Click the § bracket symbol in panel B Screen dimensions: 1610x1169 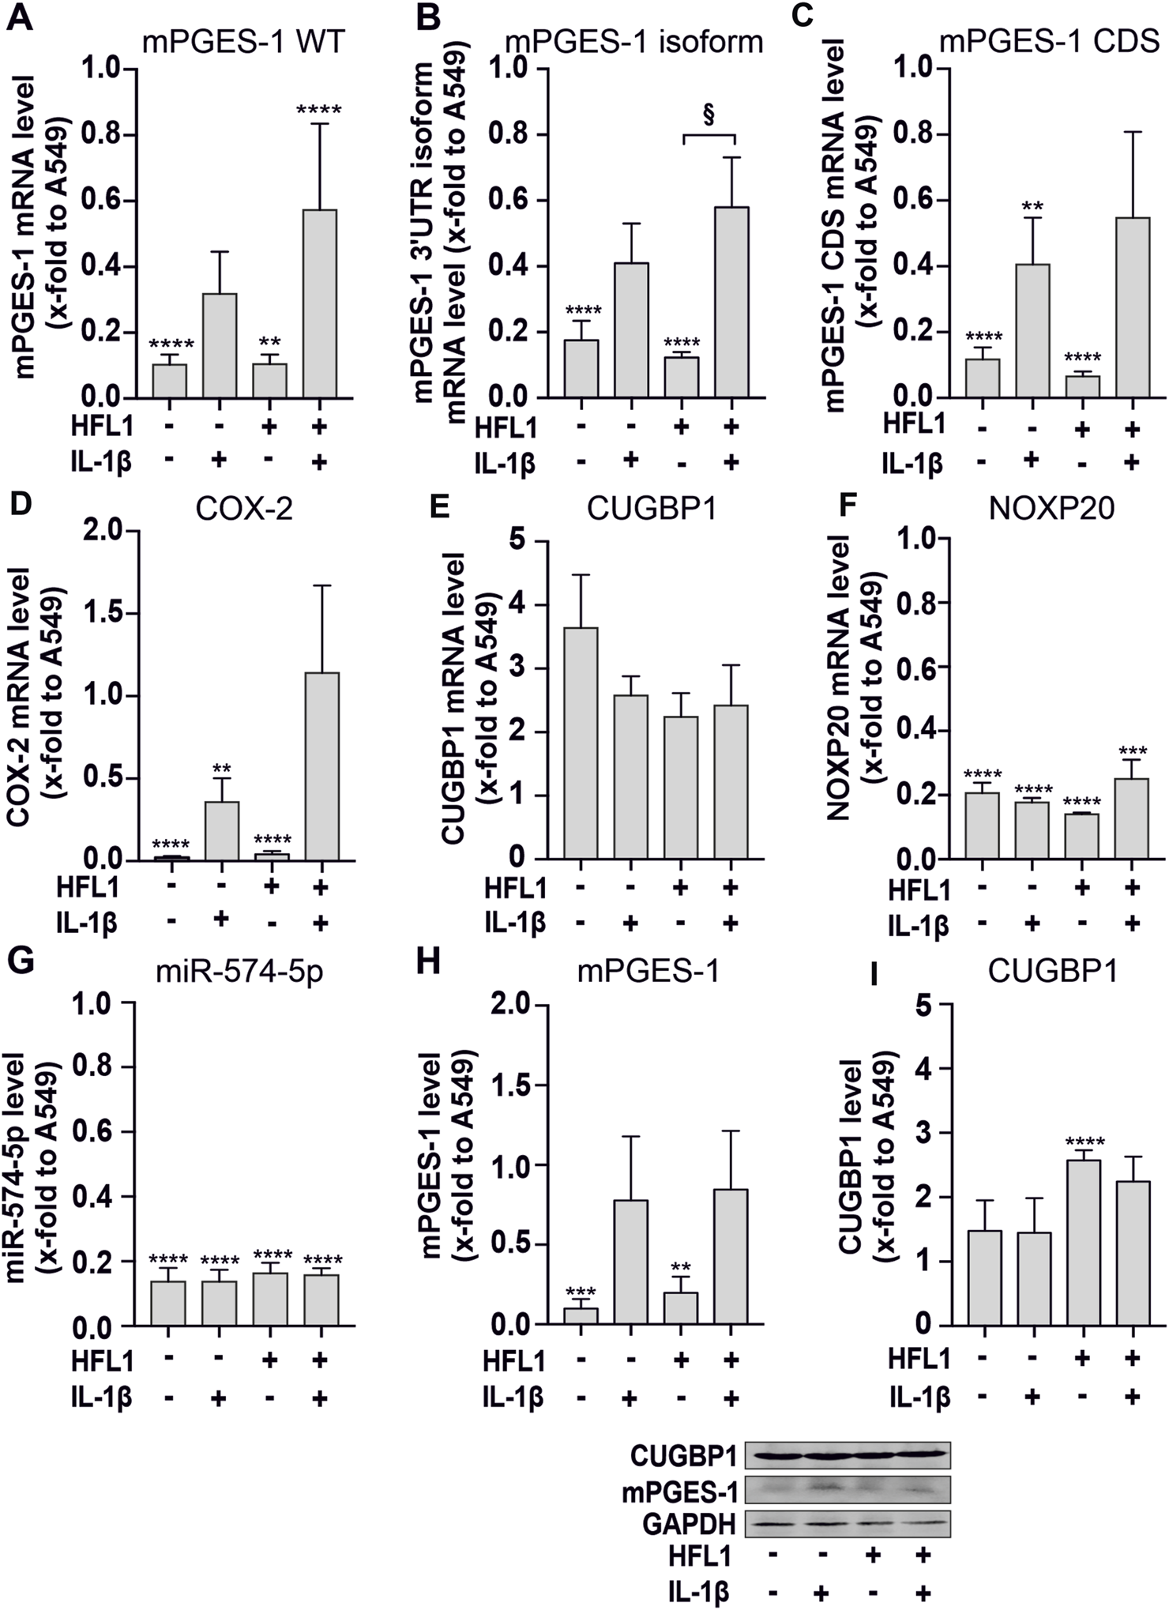coord(709,116)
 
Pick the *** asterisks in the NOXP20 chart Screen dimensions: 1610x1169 coord(1132,750)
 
